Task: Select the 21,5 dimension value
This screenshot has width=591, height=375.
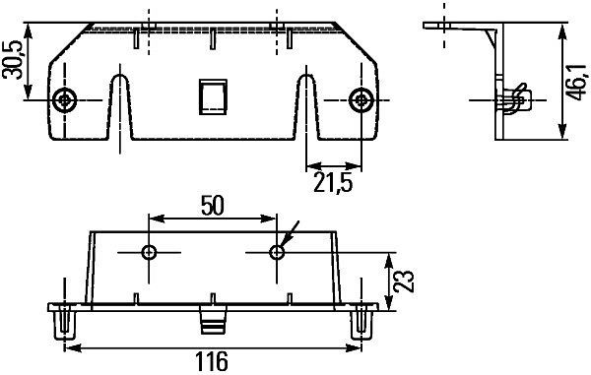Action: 333,182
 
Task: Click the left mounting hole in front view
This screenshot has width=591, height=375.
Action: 66,99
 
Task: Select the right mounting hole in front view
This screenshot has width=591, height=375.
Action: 361,99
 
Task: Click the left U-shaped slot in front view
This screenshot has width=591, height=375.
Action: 120,108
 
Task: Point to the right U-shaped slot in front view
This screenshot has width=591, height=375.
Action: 305,108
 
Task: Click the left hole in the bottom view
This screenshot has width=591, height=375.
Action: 150,253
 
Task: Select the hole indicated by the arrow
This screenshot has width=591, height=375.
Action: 277,253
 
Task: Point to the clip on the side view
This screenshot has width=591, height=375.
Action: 512,100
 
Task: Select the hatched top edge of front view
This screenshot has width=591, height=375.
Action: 213,25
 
